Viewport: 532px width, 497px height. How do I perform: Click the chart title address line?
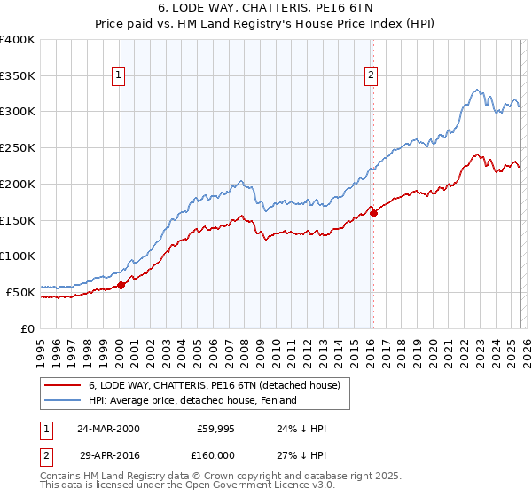[x=265, y=8]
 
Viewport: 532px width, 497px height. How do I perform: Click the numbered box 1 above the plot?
[x=119, y=76]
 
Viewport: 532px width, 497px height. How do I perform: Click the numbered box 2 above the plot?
[x=371, y=76]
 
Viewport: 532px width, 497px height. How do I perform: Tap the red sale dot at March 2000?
[x=121, y=285]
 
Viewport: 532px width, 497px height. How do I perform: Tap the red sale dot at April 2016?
[x=373, y=212]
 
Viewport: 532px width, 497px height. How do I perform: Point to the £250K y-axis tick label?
[x=18, y=147]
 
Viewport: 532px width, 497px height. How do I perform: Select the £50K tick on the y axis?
[x=20, y=292]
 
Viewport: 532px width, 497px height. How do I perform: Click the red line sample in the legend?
[x=63, y=384]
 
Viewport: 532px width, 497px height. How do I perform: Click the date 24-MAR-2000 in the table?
[x=108, y=429]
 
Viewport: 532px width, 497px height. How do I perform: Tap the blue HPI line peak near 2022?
[x=477, y=89]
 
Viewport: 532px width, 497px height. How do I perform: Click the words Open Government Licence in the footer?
[x=234, y=487]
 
